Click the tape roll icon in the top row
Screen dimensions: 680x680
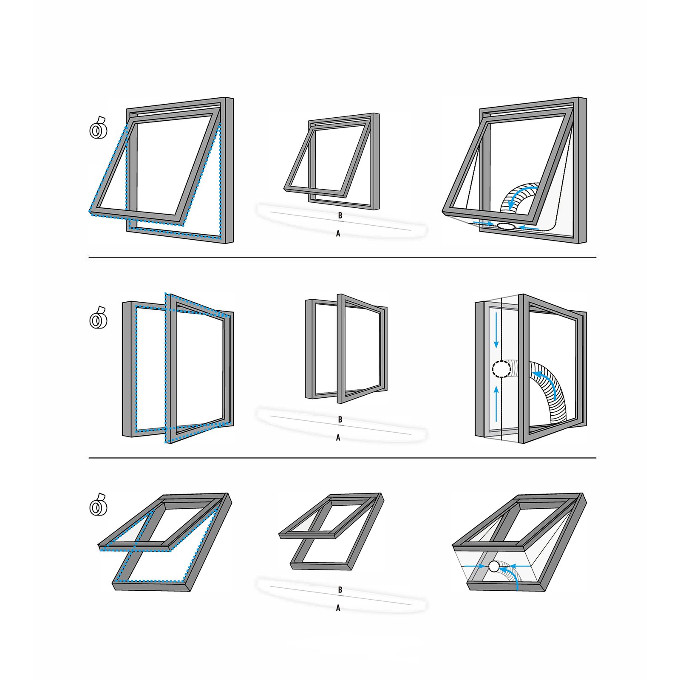[x=98, y=127]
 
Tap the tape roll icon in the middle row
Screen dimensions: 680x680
[x=98, y=318]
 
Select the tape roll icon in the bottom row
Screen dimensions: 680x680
[x=98, y=505]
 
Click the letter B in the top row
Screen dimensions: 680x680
[x=340, y=216]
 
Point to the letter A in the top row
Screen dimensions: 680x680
[x=338, y=234]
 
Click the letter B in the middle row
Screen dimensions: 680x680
[x=340, y=420]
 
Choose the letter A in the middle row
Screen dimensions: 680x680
[x=338, y=438]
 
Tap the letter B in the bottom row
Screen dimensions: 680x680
[x=340, y=590]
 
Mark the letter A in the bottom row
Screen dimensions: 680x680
[x=338, y=608]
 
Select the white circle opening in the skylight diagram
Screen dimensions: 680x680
[x=494, y=567]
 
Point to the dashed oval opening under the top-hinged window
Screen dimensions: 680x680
[x=506, y=227]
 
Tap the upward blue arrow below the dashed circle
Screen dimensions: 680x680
[x=496, y=404]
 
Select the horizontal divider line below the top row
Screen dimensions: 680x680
[x=342, y=257]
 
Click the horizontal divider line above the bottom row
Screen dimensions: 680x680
[x=342, y=458]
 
